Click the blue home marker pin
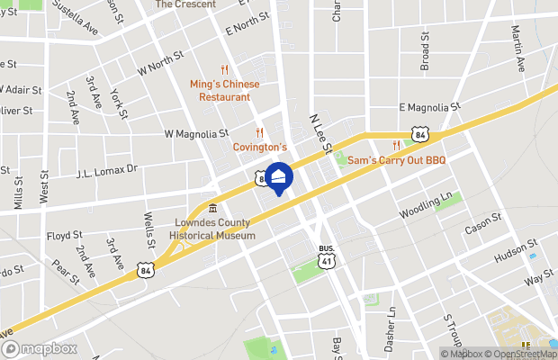tap(279, 177)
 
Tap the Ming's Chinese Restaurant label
tap(224, 90)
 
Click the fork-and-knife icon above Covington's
tap(259, 132)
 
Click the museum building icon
tap(211, 210)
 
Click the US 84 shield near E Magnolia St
tap(418, 134)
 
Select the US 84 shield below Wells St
tap(146, 268)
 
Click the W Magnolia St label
tap(196, 134)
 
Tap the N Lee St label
tap(321, 132)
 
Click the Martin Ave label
tap(517, 49)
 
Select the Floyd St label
tap(64, 236)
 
